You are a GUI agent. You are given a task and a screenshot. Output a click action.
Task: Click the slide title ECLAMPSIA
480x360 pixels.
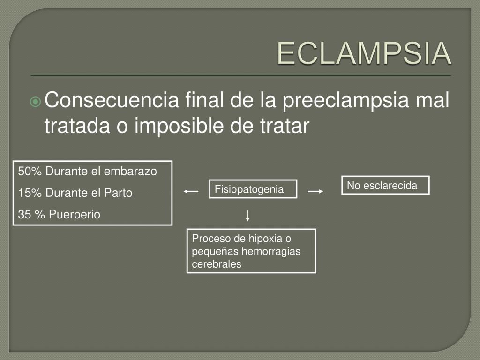tap(364, 54)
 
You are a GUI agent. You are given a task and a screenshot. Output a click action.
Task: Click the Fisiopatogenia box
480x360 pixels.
tap(253, 189)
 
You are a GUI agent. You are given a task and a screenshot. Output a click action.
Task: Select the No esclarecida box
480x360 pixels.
tap(385, 186)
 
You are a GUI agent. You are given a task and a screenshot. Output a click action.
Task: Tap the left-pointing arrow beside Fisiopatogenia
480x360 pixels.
tap(191, 191)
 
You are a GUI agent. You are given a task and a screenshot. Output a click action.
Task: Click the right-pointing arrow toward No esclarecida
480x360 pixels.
tap(315, 191)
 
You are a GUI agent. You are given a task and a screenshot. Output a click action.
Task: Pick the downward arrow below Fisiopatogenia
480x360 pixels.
tap(247, 216)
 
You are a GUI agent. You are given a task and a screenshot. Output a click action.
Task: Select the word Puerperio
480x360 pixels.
tap(75, 215)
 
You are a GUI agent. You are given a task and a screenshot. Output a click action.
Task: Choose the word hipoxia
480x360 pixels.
tap(264, 239)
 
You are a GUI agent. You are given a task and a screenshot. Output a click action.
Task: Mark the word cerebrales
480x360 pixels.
tap(217, 264)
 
